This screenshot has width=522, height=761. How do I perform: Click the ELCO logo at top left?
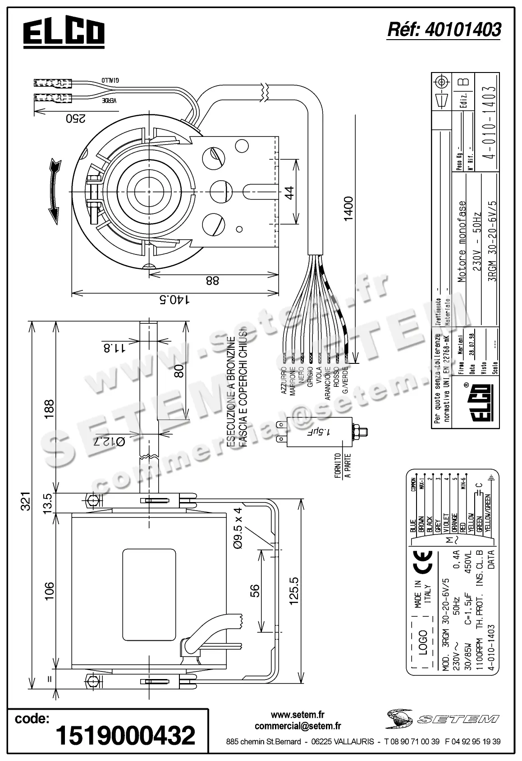pyautogui.click(x=64, y=33)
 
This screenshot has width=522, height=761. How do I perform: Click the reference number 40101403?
pyautogui.click(x=444, y=30)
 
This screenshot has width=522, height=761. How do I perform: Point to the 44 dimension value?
pyautogui.click(x=289, y=192)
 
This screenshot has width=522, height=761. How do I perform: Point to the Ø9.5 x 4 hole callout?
pyautogui.click(x=238, y=528)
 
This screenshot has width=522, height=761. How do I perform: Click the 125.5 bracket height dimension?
pyautogui.click(x=293, y=590)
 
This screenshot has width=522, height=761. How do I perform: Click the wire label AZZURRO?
pyautogui.click(x=284, y=381)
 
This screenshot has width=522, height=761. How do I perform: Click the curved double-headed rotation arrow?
pyautogui.click(x=55, y=191)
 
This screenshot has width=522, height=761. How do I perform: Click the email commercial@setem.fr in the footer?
pyautogui.click(x=298, y=726)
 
